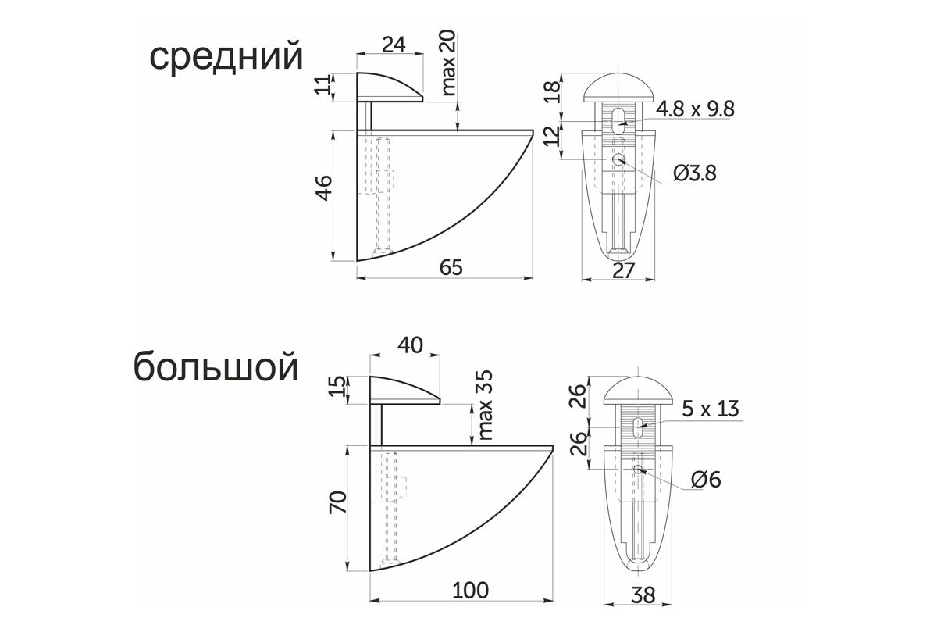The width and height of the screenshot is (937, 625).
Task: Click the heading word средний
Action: click(226, 57)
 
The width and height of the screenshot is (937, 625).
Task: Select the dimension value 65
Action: click(451, 267)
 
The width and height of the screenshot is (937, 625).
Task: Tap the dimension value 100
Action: click(471, 591)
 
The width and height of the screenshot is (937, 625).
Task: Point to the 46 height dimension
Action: click(325, 188)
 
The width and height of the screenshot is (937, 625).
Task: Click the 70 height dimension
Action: click(338, 502)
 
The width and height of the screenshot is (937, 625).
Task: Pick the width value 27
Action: click(624, 270)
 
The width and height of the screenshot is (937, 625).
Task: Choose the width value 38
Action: click(643, 595)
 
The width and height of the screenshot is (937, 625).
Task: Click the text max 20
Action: click(448, 62)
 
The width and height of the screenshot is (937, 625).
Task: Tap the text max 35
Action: click(485, 405)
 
